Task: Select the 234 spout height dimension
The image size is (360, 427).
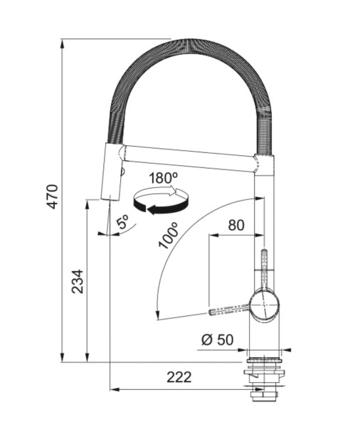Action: click(78, 281)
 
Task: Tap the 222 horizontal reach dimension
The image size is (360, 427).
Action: click(179, 377)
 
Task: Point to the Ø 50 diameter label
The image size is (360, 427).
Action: click(217, 339)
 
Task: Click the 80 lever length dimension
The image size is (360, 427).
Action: click(236, 225)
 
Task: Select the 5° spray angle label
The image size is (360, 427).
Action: click(122, 221)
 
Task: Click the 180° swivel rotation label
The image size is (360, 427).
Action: click(163, 179)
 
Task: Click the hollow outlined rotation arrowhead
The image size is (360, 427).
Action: click(173, 191)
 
